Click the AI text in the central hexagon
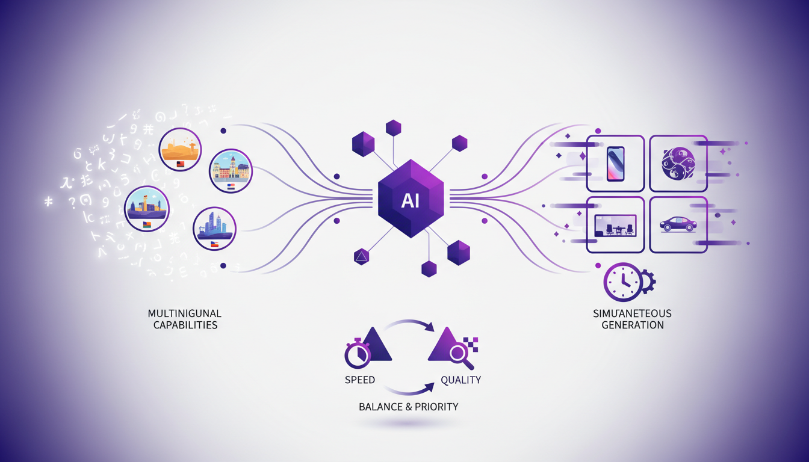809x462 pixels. point(411,201)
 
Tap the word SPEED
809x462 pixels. point(360,380)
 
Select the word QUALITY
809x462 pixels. point(461,380)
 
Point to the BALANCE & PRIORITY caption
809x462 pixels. point(408,407)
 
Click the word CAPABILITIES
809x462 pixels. point(185,325)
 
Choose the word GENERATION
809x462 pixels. point(631,325)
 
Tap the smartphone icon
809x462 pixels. point(615,163)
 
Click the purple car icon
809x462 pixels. point(678,224)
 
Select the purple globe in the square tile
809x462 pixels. point(678,163)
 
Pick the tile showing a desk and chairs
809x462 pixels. point(615,224)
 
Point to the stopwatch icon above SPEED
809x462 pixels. point(358,354)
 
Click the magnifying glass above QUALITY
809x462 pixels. point(460,354)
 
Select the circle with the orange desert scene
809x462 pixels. point(181,149)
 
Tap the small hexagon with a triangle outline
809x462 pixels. point(362,257)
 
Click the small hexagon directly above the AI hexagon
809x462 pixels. point(393,128)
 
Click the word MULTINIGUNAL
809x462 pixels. point(185,313)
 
